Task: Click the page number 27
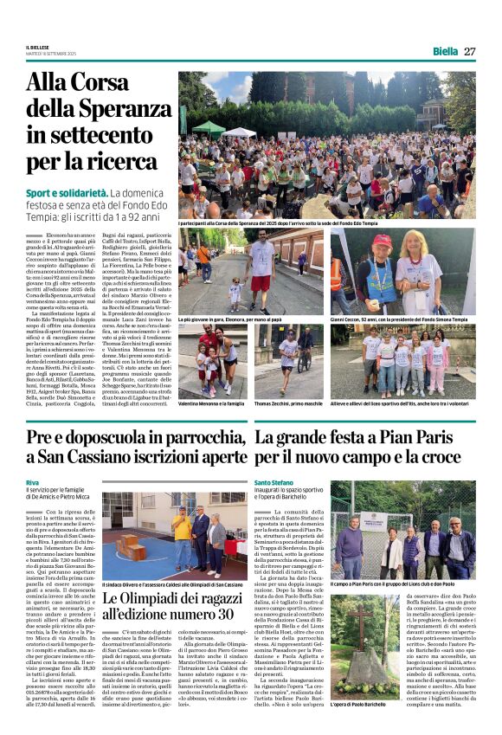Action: pyautogui.click(x=469, y=51)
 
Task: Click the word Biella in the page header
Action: pyautogui.click(x=445, y=51)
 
